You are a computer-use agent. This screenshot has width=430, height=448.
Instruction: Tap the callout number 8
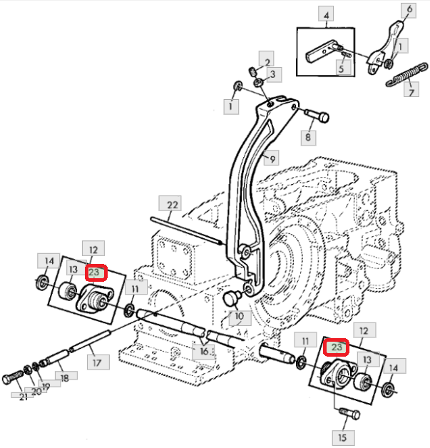click(309, 136)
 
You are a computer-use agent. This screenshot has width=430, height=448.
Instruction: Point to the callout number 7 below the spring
click(410, 92)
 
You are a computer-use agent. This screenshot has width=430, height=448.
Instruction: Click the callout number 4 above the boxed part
click(326, 14)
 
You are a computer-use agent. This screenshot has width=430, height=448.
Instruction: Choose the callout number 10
click(238, 315)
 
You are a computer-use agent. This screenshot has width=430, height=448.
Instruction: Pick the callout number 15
click(343, 436)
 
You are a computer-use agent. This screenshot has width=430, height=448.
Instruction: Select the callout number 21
click(23, 397)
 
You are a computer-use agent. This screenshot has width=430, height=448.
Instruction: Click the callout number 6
click(409, 9)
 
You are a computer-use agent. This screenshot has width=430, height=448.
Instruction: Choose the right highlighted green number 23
click(337, 347)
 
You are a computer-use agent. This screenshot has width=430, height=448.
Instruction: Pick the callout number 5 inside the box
click(342, 68)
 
